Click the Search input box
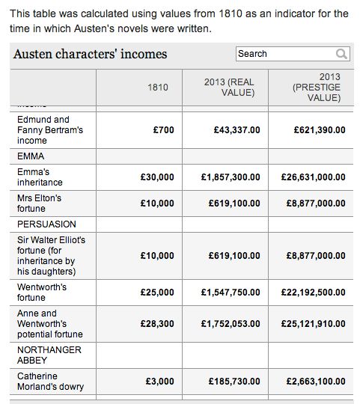click(x=284, y=54)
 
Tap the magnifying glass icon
click(x=341, y=54)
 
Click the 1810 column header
click(x=158, y=88)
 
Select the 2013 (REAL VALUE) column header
click(x=229, y=88)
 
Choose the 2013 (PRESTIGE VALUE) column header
click(x=313, y=88)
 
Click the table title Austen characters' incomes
click(x=91, y=54)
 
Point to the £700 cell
click(x=163, y=130)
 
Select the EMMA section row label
click(x=31, y=156)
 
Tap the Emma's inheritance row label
click(x=40, y=177)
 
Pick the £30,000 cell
click(x=157, y=177)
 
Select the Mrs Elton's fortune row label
click(x=40, y=203)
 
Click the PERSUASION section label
click(x=47, y=224)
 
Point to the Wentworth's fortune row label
click(x=42, y=292)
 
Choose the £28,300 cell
click(x=157, y=324)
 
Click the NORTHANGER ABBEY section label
click(x=49, y=355)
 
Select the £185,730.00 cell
click(x=234, y=382)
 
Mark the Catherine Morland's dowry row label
click(x=50, y=382)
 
